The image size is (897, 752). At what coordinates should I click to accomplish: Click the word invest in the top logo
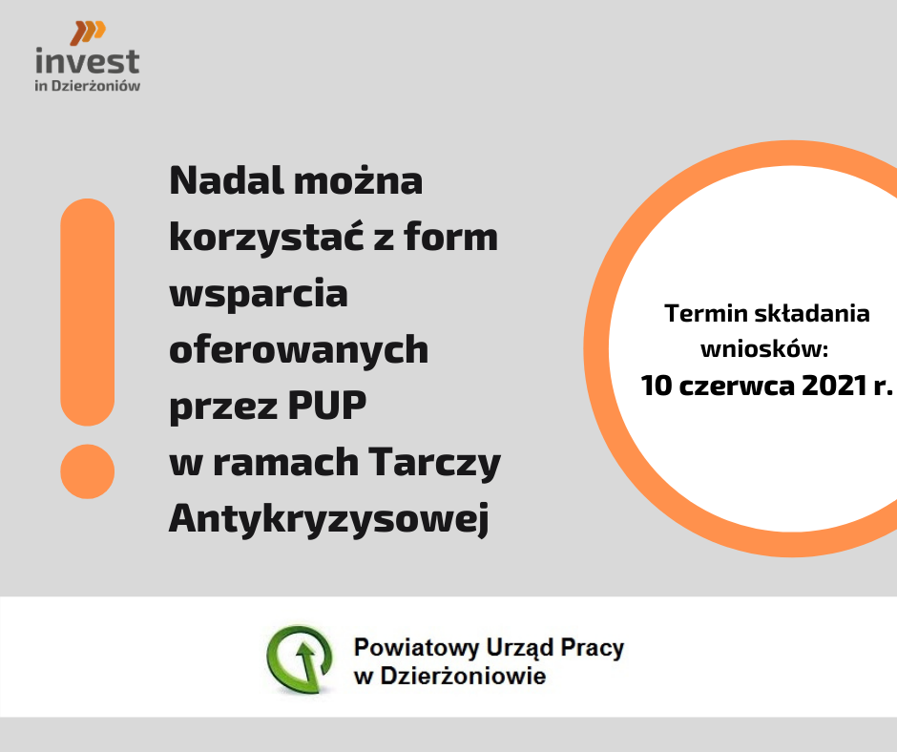coord(88,61)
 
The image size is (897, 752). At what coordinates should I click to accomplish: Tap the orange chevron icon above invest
coord(88,32)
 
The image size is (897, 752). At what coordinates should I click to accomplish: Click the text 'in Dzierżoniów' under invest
coord(88,86)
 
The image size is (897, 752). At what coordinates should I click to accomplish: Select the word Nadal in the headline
coord(226,181)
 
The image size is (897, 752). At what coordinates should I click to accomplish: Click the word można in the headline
coord(358,181)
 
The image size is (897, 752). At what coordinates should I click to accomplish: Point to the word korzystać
coord(266,237)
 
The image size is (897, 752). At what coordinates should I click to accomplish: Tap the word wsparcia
coord(259,294)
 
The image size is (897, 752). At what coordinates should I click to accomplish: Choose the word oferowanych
coord(299,349)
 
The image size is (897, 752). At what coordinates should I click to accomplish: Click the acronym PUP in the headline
coord(326,406)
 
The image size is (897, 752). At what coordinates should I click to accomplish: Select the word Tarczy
coord(435,463)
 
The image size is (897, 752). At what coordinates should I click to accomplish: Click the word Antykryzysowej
coord(329,519)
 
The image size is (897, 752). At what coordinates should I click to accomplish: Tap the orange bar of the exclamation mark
coord(88,312)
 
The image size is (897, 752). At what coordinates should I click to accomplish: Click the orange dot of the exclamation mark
coord(88,471)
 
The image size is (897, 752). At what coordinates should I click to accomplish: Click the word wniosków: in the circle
coord(764,348)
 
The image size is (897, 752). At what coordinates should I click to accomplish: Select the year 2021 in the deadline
coord(835,386)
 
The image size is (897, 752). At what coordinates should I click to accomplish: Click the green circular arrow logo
coord(300,658)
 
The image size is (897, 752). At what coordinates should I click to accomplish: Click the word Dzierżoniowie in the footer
coord(463,676)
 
